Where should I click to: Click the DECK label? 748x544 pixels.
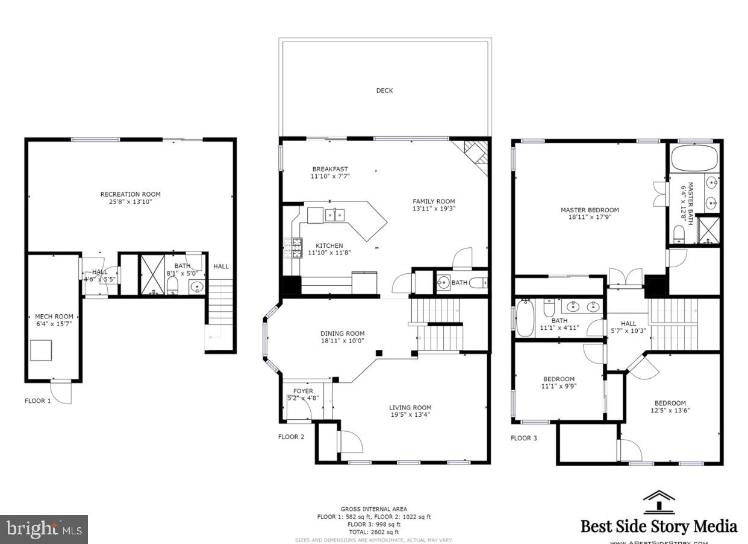[x=384, y=90]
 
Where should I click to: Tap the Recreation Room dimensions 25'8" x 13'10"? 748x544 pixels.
[x=130, y=201]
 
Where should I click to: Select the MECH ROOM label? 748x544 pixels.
[x=54, y=317]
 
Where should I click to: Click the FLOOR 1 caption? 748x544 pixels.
[x=38, y=400]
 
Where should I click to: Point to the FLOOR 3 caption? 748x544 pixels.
[x=523, y=438]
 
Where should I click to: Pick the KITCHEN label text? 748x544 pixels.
[x=329, y=245]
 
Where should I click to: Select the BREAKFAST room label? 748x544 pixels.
[x=330, y=169]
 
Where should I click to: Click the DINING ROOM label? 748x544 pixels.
[x=342, y=334]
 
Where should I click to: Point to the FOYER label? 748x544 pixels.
[x=303, y=391]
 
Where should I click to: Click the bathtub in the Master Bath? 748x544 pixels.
[x=694, y=157]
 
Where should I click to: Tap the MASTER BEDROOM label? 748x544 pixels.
[x=590, y=210]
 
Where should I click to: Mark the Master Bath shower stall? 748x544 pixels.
[x=709, y=230]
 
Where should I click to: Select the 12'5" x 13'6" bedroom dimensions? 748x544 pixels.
[x=670, y=411]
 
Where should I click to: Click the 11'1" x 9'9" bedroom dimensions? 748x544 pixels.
[x=557, y=387]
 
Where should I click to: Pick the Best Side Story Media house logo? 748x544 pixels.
[x=658, y=503]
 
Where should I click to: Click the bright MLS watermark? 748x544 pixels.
[x=44, y=529]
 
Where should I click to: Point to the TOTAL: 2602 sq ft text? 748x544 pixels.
[x=374, y=532]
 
